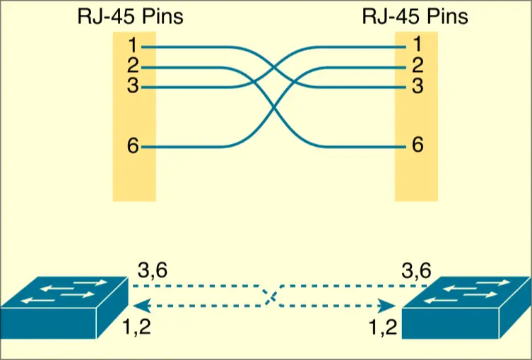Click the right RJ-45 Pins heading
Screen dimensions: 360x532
tap(415, 16)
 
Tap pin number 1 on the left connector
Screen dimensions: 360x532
tap(132, 47)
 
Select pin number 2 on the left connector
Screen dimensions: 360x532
tap(132, 67)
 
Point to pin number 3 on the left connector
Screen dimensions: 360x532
tap(132, 87)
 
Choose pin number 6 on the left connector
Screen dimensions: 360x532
tap(132, 147)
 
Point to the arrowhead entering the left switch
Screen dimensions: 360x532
tap(138, 306)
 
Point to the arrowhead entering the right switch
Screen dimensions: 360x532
tap(388, 306)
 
